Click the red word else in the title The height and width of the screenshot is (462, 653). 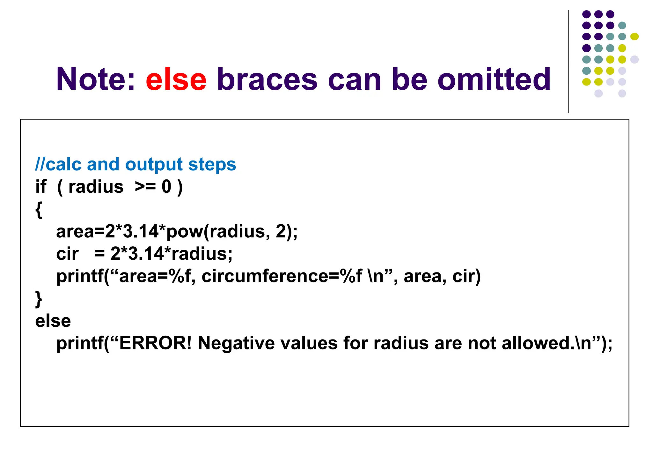click(x=176, y=79)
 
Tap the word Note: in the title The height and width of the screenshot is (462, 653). click(x=96, y=79)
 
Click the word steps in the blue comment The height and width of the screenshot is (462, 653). click(x=212, y=165)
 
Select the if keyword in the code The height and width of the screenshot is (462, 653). click(x=41, y=187)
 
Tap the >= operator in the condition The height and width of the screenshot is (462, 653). click(x=145, y=187)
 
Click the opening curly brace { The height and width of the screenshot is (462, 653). click(x=39, y=210)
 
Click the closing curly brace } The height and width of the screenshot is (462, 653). click(x=39, y=299)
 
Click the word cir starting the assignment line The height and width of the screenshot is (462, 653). click(x=67, y=254)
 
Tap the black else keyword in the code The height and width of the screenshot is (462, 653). click(x=53, y=321)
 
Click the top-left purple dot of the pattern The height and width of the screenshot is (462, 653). click(x=586, y=14)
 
